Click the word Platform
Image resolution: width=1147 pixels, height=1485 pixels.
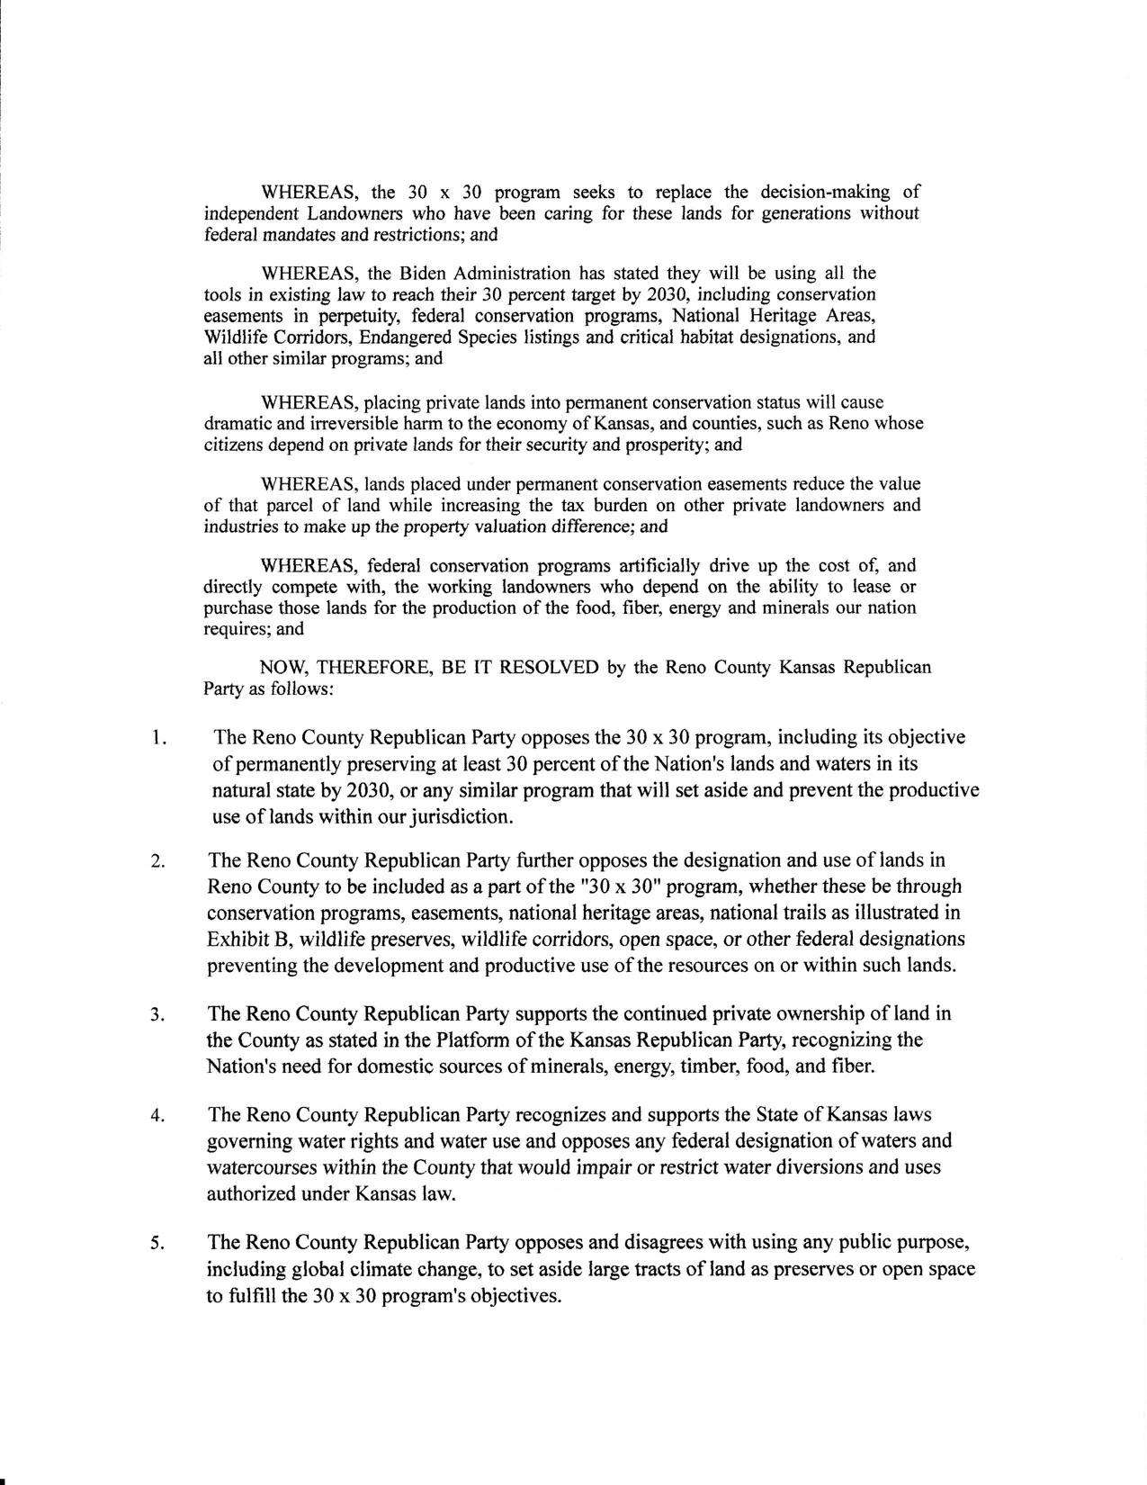tap(470, 1040)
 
